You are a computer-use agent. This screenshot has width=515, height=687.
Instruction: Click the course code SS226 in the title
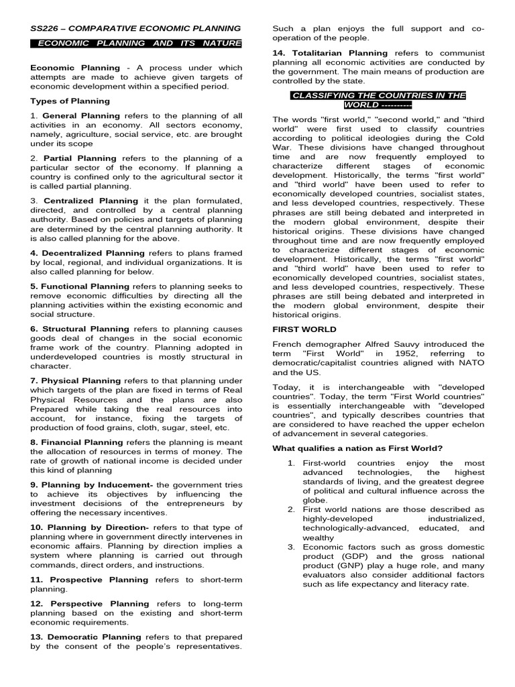point(46,28)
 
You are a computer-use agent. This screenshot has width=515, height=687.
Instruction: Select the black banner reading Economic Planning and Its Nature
point(136,44)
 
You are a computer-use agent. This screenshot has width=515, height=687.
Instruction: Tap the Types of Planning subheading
point(70,101)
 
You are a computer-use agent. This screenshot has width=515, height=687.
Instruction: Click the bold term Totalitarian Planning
point(333,53)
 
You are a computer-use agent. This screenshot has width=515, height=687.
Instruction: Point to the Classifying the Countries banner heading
point(378,100)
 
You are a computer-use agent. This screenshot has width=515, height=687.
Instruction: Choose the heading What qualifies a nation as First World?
point(358,448)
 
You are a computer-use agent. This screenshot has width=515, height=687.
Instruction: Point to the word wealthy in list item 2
point(319,537)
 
